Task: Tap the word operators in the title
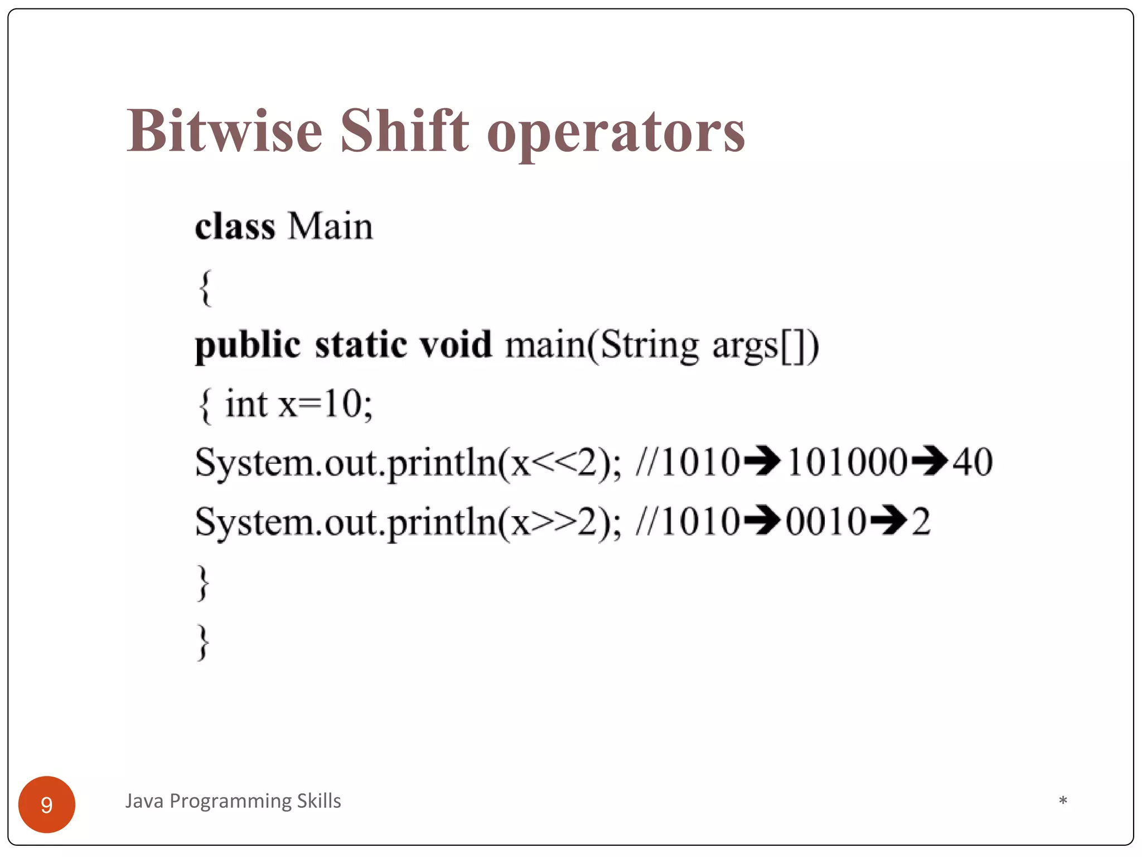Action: pyautogui.click(x=616, y=134)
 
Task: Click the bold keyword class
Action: pyautogui.click(x=235, y=227)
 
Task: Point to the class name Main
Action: pyautogui.click(x=330, y=227)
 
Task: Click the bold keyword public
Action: pyautogui.click(x=248, y=345)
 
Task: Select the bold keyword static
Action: pyautogui.click(x=361, y=344)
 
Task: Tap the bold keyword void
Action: pyautogui.click(x=456, y=344)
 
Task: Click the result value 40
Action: pyautogui.click(x=972, y=462)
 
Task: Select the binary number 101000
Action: pyautogui.click(x=847, y=462)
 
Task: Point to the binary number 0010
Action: pyautogui.click(x=826, y=522)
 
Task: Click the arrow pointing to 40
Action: pyautogui.click(x=930, y=462)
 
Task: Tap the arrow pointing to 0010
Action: pyautogui.click(x=762, y=522)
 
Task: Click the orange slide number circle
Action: pyautogui.click(x=47, y=805)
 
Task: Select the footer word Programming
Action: pyautogui.click(x=230, y=801)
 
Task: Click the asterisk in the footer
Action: pyautogui.click(x=1063, y=801)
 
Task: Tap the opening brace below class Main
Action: pyautogui.click(x=205, y=288)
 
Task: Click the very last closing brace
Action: pyautogui.click(x=204, y=642)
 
